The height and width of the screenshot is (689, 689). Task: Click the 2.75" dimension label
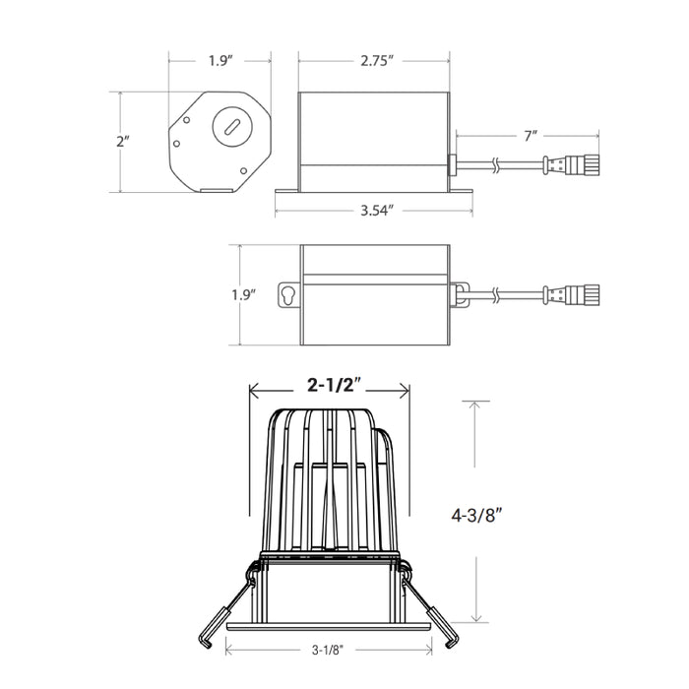(377, 60)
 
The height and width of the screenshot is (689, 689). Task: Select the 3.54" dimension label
(377, 211)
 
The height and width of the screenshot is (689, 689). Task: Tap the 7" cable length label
(531, 136)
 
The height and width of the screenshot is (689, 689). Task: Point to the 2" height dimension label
(123, 142)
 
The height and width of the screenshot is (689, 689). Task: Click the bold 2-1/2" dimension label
(334, 386)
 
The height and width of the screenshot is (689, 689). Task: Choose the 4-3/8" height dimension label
(476, 515)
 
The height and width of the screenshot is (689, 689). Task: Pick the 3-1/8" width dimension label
(328, 650)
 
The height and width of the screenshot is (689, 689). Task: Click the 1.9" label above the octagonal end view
(219, 60)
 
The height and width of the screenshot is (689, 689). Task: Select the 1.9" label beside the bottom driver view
(244, 294)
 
